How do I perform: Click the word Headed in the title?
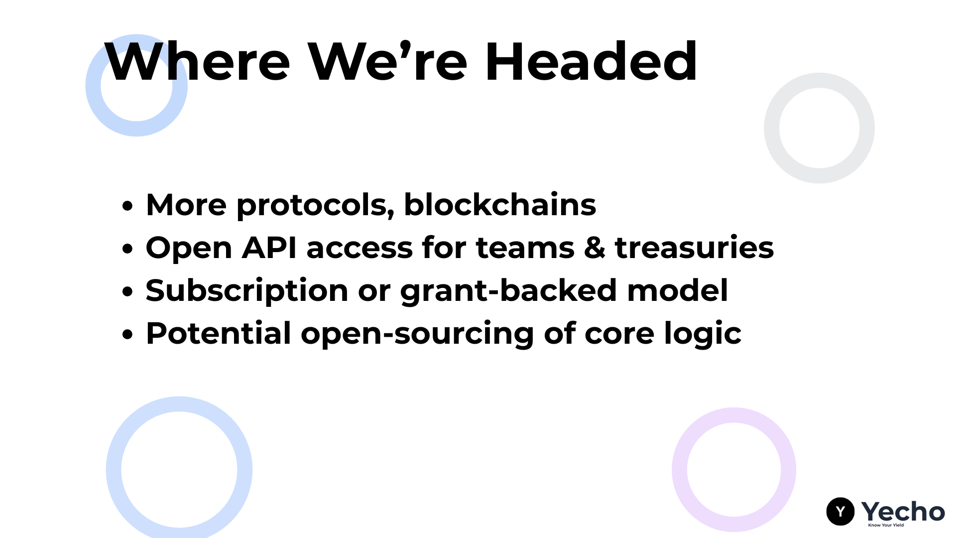[x=591, y=61]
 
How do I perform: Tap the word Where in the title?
[x=197, y=61]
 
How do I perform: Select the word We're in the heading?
[x=387, y=61]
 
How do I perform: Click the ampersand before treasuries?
[x=595, y=248]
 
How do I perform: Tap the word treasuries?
[x=695, y=248]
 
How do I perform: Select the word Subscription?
[x=247, y=291]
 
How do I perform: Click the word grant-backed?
[x=509, y=291]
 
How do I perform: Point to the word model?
[x=678, y=290]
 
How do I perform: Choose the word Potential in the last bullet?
[x=219, y=333]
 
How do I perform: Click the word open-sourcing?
[x=417, y=334]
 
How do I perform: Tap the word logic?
[x=703, y=334]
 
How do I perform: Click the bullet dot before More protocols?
[x=128, y=206]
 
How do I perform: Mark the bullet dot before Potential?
[x=128, y=334]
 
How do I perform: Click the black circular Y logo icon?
[x=840, y=511]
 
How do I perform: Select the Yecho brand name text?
[x=903, y=511]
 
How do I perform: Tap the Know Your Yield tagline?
[x=886, y=525]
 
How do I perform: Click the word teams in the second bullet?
[x=525, y=248]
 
